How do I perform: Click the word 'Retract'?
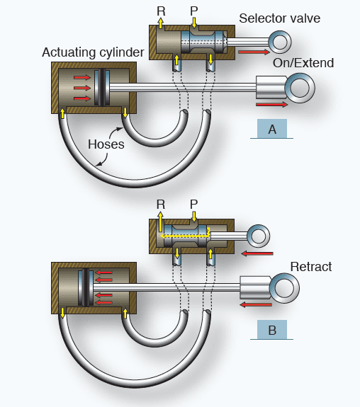point(310,267)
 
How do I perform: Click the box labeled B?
point(272,330)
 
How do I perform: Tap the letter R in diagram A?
point(161,11)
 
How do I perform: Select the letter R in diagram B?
point(161,204)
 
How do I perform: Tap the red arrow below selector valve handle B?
point(257,253)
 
